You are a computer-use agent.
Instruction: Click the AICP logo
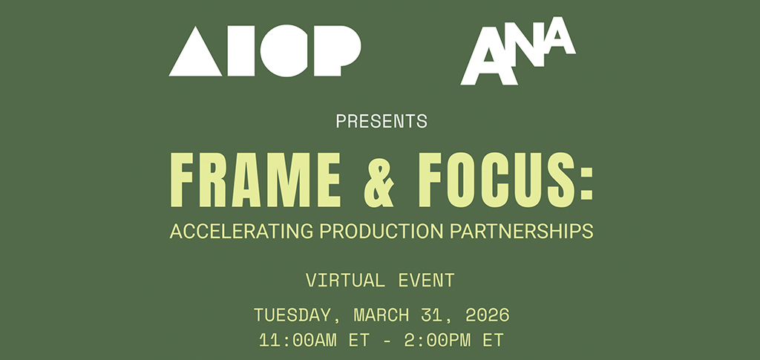point(265,51)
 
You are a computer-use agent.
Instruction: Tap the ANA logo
point(517,51)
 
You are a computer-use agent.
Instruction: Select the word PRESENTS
point(381,121)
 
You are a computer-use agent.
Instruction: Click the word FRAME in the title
point(255,180)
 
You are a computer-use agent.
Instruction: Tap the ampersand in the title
point(379,180)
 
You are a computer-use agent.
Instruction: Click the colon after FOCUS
point(586,180)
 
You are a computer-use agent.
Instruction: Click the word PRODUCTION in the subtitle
point(381,231)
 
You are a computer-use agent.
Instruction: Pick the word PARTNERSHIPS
point(522,231)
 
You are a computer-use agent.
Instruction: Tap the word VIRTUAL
point(344,280)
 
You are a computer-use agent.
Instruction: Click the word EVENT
point(427,280)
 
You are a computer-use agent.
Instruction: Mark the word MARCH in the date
point(381,315)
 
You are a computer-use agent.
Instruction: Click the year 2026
point(487,315)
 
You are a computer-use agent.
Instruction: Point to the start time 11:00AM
point(297,340)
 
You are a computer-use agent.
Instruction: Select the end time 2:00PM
point(437,340)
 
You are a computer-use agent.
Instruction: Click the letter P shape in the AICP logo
point(337,51)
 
